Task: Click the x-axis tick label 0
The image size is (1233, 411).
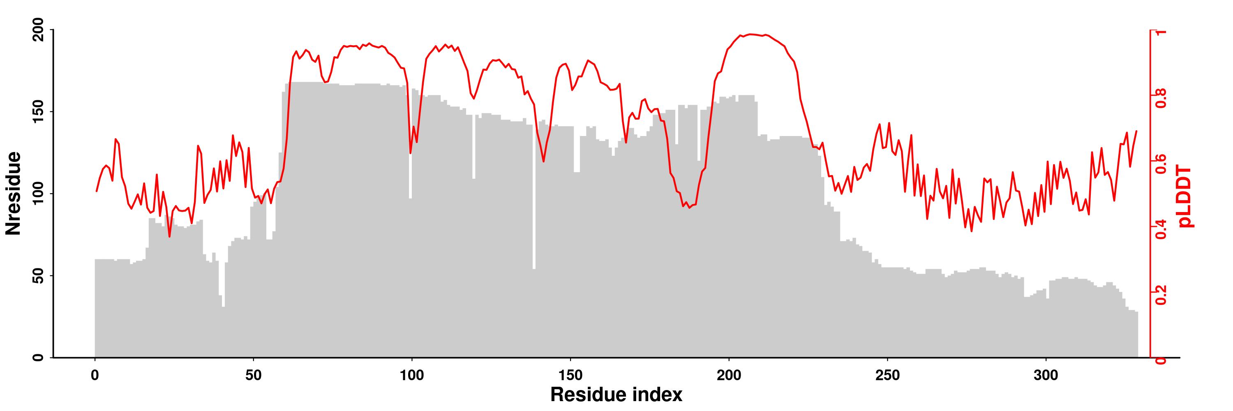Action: (x=95, y=376)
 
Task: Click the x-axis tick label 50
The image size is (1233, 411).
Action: (x=253, y=376)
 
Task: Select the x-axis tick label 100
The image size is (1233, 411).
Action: (x=412, y=376)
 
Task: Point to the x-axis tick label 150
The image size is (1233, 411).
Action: (x=570, y=376)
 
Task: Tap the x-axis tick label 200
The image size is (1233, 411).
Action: (x=729, y=376)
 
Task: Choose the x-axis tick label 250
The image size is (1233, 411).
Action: (x=887, y=376)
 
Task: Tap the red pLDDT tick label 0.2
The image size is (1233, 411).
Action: (x=1161, y=294)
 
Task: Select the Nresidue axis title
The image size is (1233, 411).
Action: (x=14, y=193)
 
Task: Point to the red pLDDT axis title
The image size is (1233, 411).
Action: (x=1186, y=196)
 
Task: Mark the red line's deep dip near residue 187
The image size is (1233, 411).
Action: (x=689, y=207)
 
